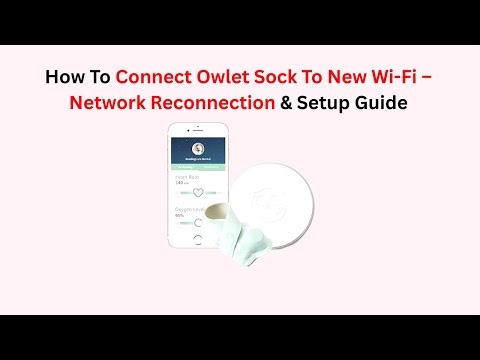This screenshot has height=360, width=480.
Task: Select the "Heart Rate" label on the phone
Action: coord(185,177)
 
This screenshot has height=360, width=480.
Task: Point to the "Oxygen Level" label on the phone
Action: coord(188,207)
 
